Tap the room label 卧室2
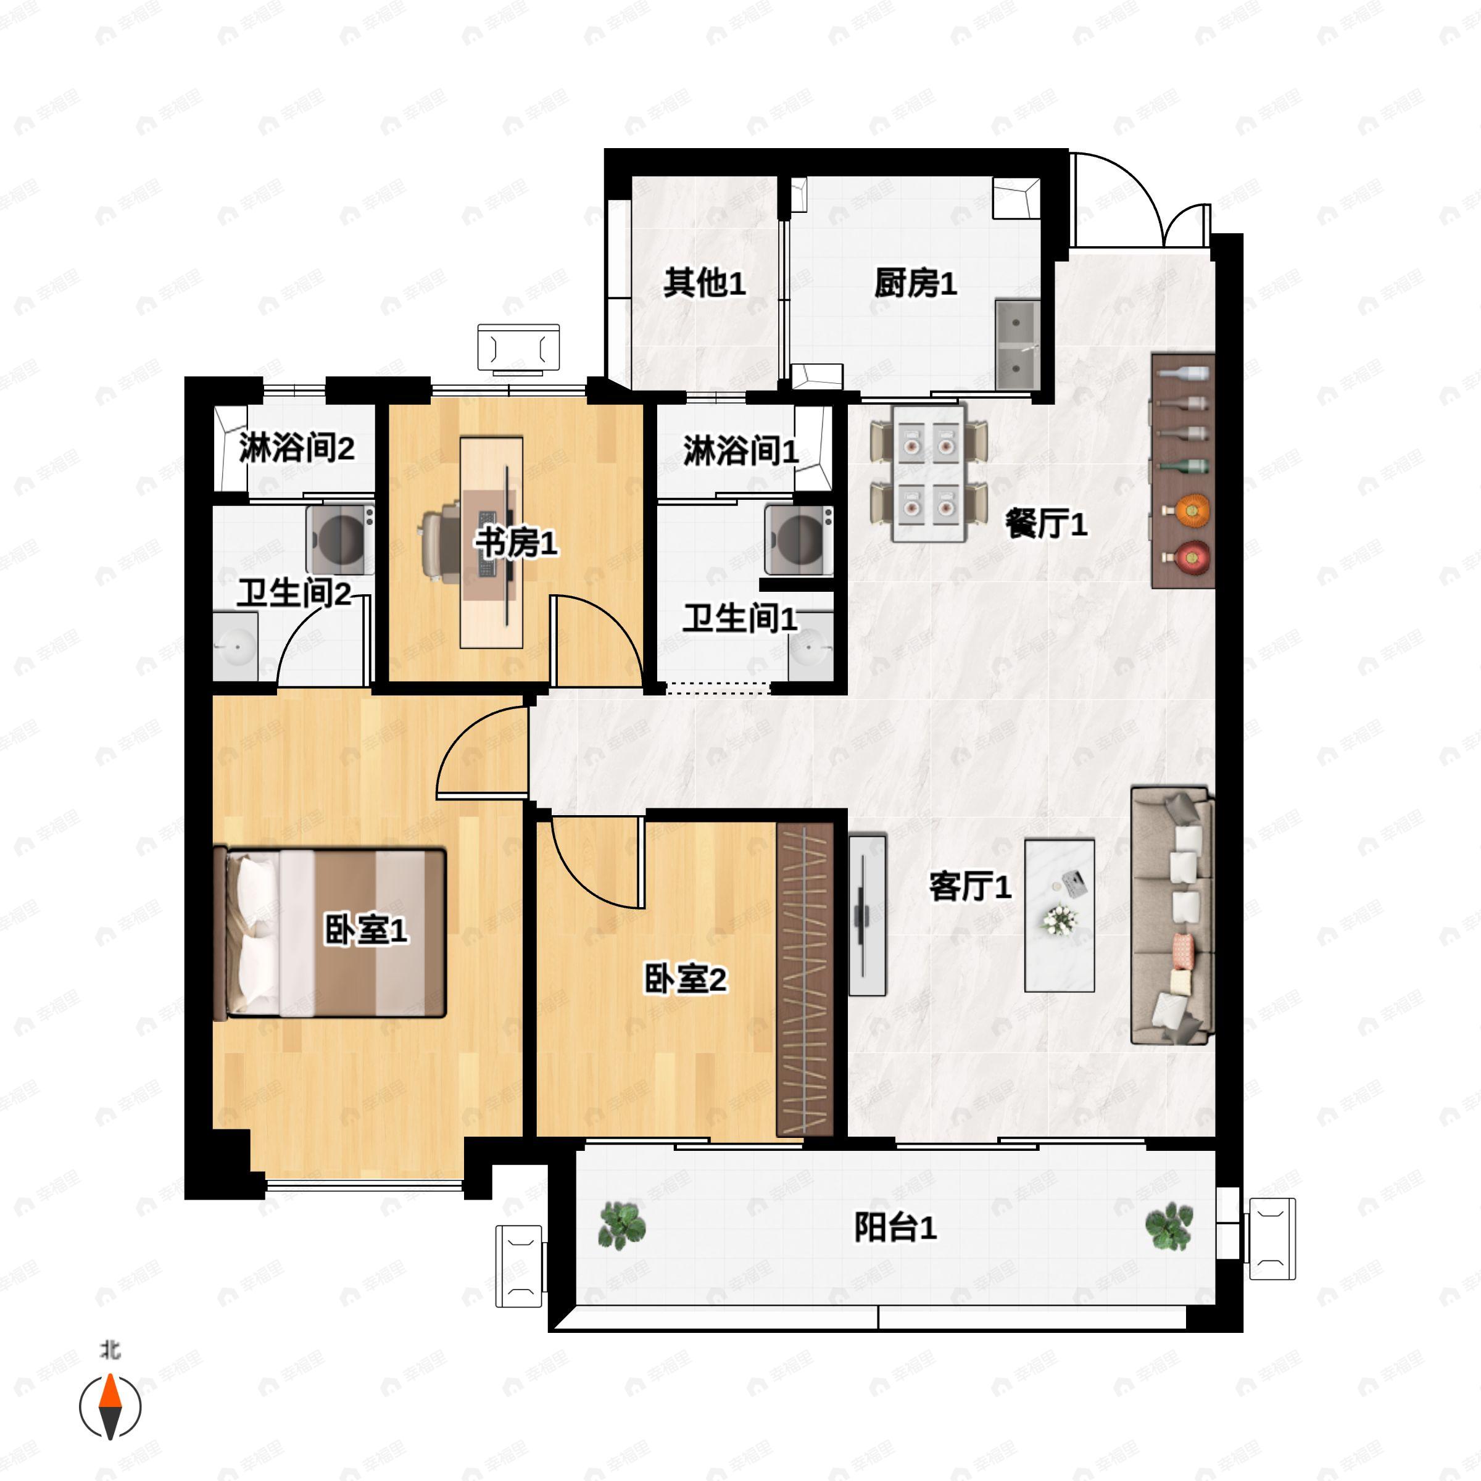684,979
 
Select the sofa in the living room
1172,915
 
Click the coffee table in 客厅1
1060,915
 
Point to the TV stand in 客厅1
867,915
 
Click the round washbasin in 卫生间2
235,648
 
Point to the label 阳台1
895,1228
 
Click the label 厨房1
915,284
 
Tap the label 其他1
703,284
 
